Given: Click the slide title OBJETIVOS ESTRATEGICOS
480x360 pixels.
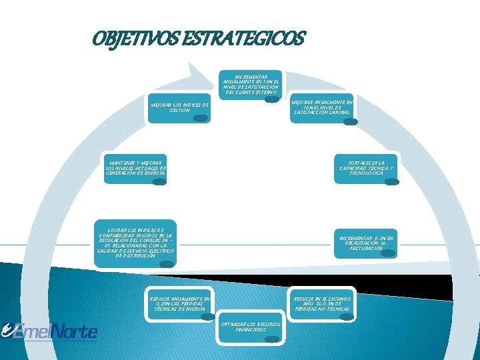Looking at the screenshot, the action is pyautogui.click(x=199, y=39).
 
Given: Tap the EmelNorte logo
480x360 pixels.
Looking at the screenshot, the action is pyautogui.click(x=50, y=331).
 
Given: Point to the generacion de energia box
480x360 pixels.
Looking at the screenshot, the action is pyautogui.click(x=135, y=167).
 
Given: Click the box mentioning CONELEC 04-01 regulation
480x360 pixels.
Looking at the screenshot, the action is pyautogui.click(x=136, y=243).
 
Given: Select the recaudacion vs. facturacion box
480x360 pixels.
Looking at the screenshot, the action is pyautogui.click(x=366, y=243).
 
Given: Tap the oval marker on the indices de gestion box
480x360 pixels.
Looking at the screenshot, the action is pyautogui.click(x=199, y=118).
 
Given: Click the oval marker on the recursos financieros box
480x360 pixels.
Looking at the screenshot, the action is pyautogui.click(x=272, y=339).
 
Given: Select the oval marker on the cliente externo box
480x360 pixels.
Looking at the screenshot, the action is pyautogui.click(x=271, y=99).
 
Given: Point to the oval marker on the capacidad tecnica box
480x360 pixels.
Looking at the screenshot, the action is pyautogui.click(x=392, y=181).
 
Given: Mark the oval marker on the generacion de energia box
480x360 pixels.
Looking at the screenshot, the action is pyautogui.click(x=159, y=181).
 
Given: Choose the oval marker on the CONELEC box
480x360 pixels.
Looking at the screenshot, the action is pyautogui.click(x=167, y=263).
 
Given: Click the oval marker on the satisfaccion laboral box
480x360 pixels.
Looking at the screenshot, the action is pyautogui.click(x=350, y=121).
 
